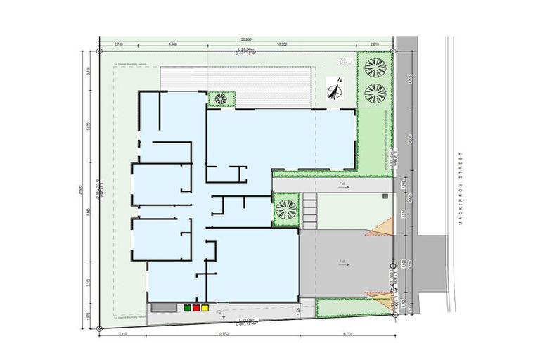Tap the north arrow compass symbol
pyautogui.click(x=335, y=91)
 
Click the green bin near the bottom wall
pyautogui.click(x=188, y=307)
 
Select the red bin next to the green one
pyautogui.click(x=197, y=307)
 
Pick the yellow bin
pyautogui.click(x=205, y=307)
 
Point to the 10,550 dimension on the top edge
pyautogui.click(x=281, y=44)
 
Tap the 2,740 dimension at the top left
pyautogui.click(x=117, y=44)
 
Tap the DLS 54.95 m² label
pyautogui.click(x=344, y=62)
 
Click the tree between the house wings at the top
pyautogui.click(x=221, y=98)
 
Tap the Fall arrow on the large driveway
pyautogui.click(x=344, y=262)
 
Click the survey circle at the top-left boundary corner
pyautogui.click(x=99, y=52)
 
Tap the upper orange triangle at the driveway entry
pyautogui.click(x=378, y=227)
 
